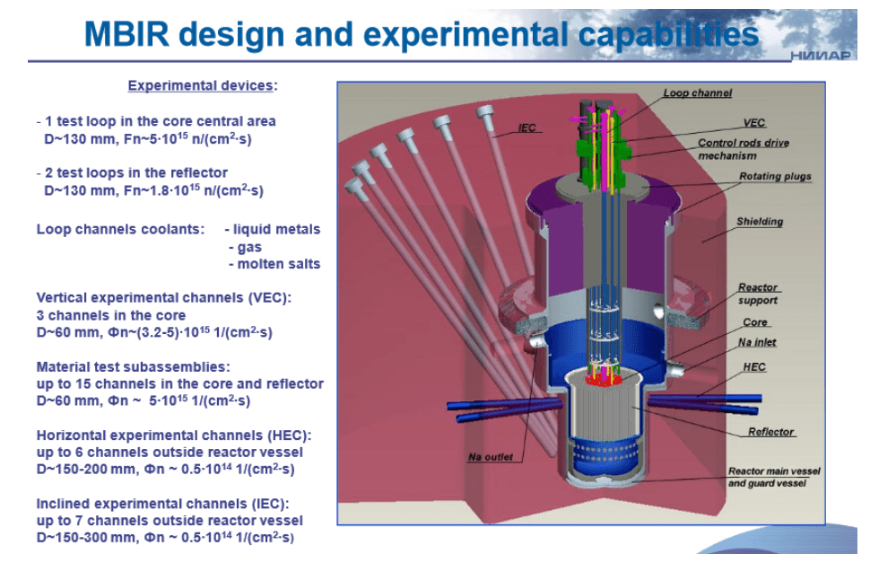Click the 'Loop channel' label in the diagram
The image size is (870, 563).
[x=698, y=93]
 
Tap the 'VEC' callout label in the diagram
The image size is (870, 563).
[x=753, y=123]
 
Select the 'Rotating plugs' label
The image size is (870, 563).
[x=775, y=176]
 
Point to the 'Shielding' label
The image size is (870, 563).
[x=760, y=222]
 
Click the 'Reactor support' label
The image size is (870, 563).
[x=758, y=294]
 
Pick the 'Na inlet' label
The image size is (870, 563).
[x=757, y=342]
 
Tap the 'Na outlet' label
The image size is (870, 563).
[x=490, y=457]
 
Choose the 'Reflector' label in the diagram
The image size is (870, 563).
[x=770, y=431]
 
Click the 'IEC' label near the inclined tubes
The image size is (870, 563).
[x=526, y=128]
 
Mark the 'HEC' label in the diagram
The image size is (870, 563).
[x=754, y=367]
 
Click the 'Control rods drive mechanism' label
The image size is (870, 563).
[x=743, y=149]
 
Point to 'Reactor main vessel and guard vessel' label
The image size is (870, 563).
[x=773, y=477]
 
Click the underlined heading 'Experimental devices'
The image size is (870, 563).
[x=200, y=85]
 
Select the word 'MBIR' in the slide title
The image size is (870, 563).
[x=126, y=34]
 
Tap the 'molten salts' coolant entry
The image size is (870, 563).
[x=279, y=264]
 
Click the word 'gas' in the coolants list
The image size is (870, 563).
[x=249, y=247]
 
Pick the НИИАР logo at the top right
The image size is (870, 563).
[x=820, y=55]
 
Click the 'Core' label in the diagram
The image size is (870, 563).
[x=754, y=322]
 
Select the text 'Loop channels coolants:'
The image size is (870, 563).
[x=120, y=229]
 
